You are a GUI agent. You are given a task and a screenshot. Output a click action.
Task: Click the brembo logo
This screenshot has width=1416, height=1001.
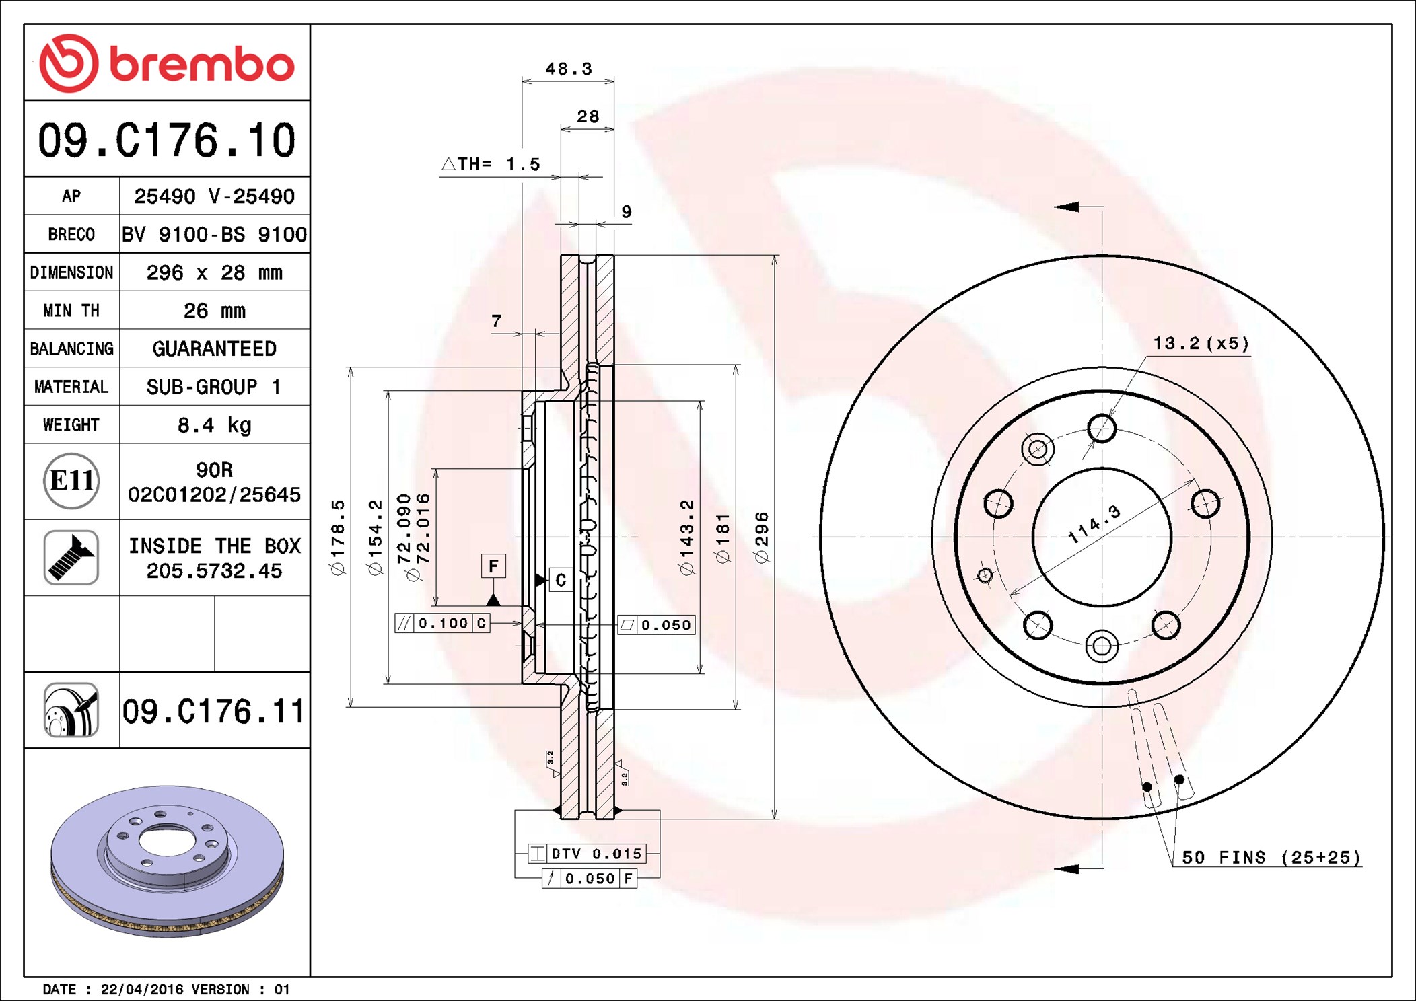tap(167, 63)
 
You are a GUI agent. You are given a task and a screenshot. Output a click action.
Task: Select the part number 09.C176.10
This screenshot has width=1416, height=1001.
tap(167, 141)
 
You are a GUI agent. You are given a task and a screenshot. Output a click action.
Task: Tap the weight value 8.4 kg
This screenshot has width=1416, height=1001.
tap(214, 425)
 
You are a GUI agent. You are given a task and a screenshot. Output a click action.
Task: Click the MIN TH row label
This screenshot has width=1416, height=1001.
tap(71, 311)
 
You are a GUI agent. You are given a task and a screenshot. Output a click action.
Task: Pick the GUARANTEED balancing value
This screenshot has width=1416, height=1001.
tap(214, 348)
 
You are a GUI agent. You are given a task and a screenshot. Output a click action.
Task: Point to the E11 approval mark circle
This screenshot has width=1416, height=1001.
tap(71, 481)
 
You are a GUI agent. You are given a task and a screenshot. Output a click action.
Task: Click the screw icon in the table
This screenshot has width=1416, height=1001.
tap(71, 558)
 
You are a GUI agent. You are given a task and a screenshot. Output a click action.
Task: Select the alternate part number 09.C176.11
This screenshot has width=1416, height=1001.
tap(213, 711)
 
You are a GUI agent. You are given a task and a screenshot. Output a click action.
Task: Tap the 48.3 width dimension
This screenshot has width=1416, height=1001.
tap(569, 69)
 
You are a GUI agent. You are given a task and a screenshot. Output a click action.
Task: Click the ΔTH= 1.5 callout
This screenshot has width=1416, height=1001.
tap(491, 164)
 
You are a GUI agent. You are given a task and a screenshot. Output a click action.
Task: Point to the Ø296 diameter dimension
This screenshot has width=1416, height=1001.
tap(761, 537)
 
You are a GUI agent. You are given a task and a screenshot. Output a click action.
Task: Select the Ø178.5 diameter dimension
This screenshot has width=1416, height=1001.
tap(337, 537)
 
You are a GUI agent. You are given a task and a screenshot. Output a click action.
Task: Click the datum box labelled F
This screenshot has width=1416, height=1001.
tap(493, 566)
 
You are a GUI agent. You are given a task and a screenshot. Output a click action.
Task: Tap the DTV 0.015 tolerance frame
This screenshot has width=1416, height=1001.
tap(587, 854)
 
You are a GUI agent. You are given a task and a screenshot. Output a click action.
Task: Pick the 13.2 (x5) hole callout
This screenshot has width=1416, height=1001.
tap(1201, 344)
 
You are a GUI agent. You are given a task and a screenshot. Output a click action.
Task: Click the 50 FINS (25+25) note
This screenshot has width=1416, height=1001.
tap(1271, 858)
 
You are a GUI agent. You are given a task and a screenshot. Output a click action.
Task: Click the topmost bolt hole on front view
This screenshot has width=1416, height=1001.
tap(1102, 428)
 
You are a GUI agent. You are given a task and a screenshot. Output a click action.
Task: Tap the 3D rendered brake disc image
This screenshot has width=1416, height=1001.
tap(167, 861)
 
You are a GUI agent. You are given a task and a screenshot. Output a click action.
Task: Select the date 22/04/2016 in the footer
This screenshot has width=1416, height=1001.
tap(141, 990)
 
